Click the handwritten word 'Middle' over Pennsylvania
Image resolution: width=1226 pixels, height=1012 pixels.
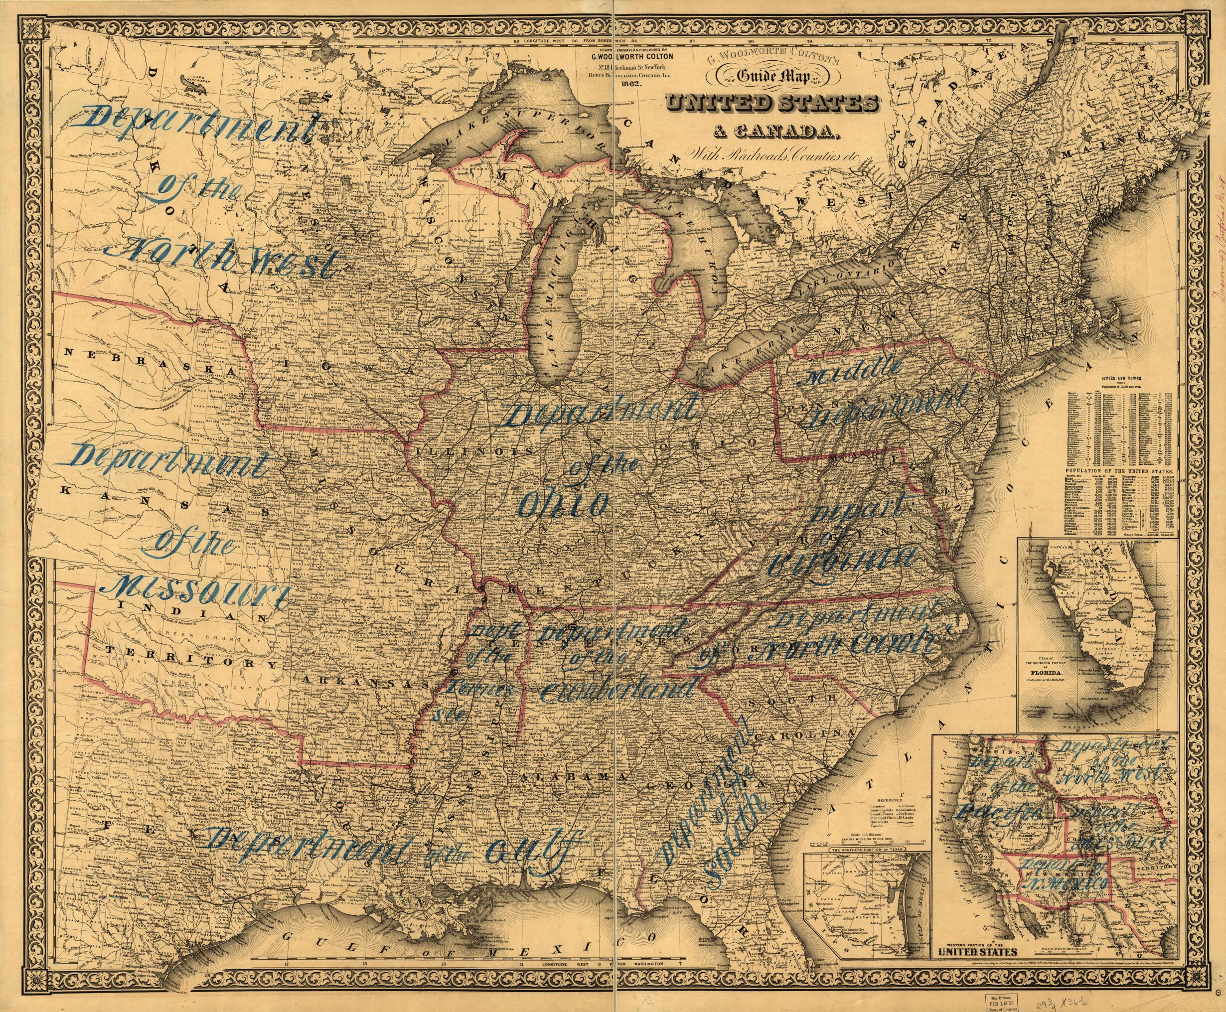click(852, 373)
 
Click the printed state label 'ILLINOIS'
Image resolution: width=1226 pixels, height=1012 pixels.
click(447, 452)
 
